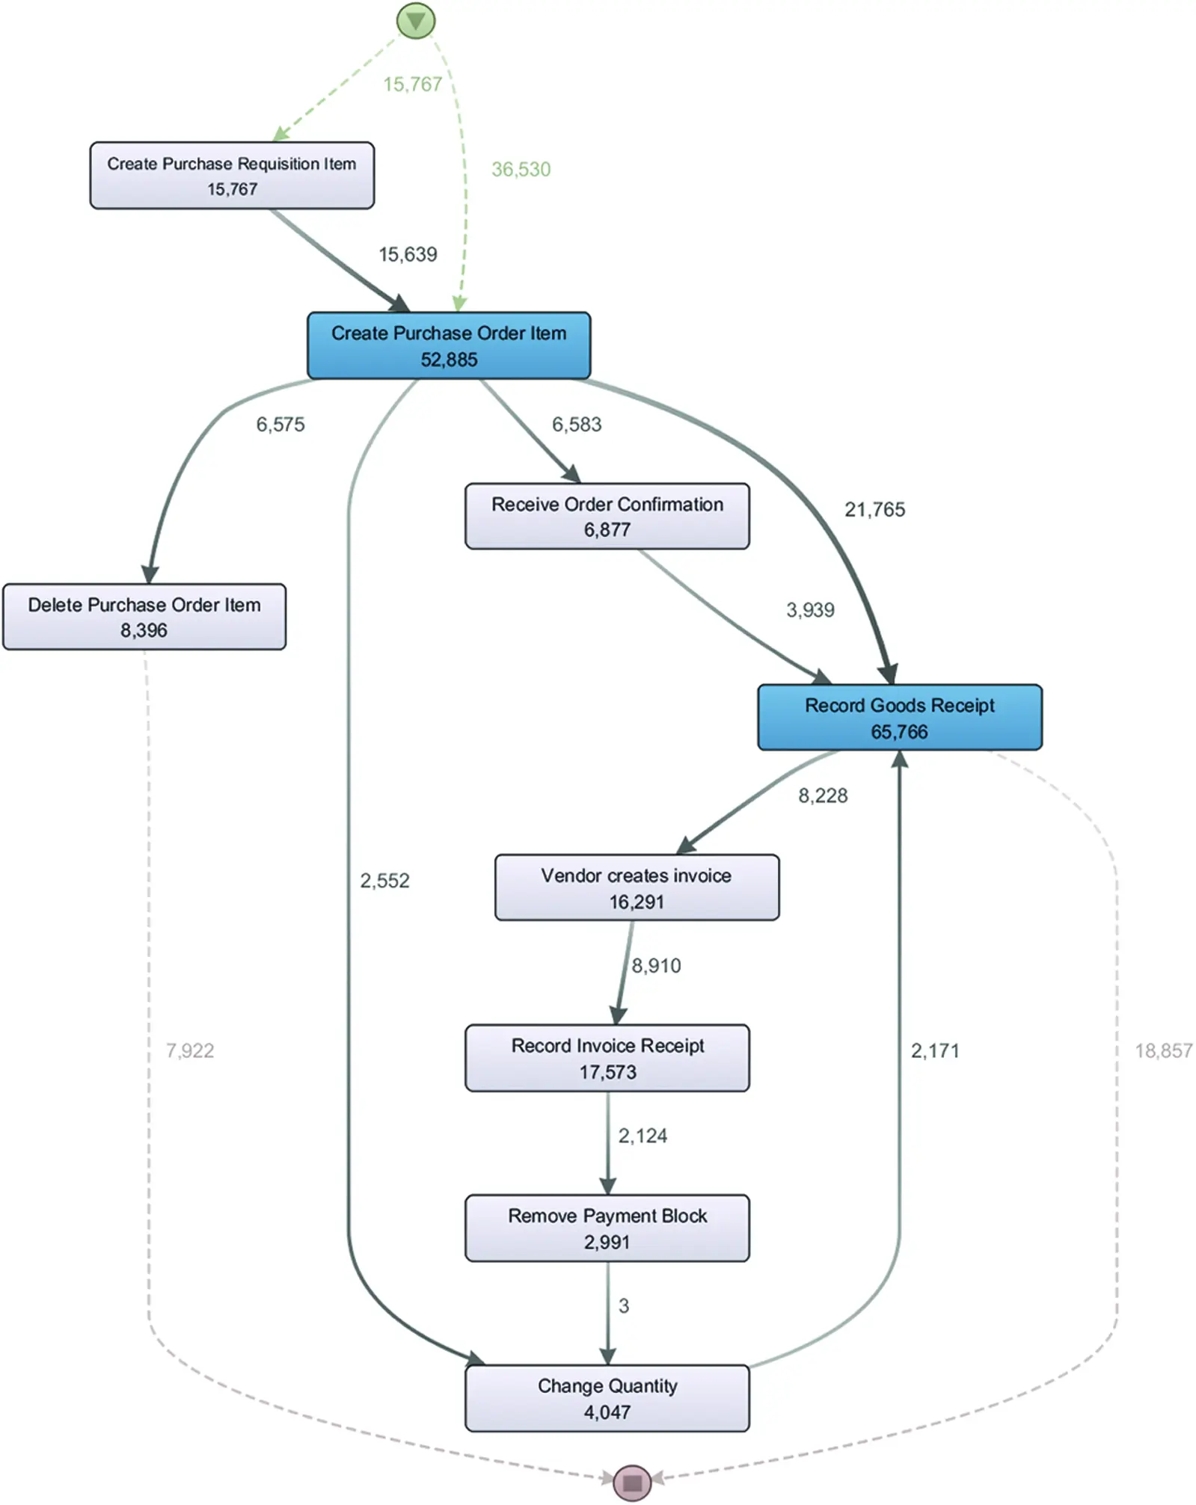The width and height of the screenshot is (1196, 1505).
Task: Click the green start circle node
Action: tap(415, 21)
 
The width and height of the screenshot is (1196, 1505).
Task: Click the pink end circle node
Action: tap(632, 1482)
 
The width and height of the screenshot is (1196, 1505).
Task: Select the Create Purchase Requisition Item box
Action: tap(232, 176)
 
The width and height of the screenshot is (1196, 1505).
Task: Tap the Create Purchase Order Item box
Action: tap(449, 345)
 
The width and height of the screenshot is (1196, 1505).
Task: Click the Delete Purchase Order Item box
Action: tap(144, 617)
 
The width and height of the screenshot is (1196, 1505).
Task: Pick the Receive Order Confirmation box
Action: tap(607, 516)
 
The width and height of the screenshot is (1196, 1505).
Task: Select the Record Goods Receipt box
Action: tap(899, 717)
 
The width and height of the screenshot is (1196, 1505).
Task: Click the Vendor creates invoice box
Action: tap(637, 887)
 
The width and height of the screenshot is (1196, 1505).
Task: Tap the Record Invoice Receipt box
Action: tap(607, 1058)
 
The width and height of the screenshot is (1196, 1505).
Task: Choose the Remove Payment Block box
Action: tap(607, 1228)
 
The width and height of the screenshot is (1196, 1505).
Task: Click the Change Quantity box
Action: tap(607, 1398)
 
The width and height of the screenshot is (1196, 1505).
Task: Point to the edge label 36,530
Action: tap(521, 170)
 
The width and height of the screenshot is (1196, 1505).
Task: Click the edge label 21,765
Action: tap(874, 510)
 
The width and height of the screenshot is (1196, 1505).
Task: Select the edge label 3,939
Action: tap(810, 610)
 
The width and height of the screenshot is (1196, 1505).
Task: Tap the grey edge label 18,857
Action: tap(1163, 1051)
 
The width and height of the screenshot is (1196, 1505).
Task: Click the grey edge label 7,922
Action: tap(190, 1051)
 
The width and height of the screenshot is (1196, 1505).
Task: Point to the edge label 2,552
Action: tap(384, 881)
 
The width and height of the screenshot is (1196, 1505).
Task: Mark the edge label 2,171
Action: tap(934, 1051)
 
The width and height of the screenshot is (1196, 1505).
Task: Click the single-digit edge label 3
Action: tap(623, 1306)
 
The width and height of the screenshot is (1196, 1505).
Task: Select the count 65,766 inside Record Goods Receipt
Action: tap(899, 732)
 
